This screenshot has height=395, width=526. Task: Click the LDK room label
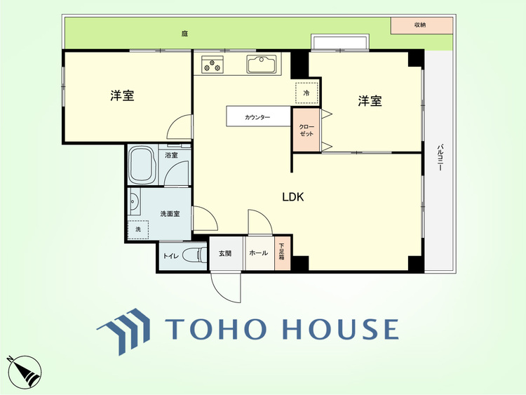[x=293, y=197]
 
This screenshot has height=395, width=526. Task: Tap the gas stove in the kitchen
[x=213, y=64]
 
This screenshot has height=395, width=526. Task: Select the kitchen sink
[x=262, y=64]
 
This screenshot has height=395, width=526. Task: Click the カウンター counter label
[x=257, y=117]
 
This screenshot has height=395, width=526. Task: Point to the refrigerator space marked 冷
[x=306, y=93]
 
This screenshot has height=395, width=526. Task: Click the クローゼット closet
[x=306, y=130]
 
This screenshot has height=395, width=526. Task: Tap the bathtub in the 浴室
[x=142, y=165]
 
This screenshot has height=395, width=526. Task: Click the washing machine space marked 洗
[x=138, y=229]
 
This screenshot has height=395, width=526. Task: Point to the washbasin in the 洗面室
[x=134, y=201]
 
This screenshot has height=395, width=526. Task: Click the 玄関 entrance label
[x=225, y=254]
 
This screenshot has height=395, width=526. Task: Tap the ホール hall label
[x=258, y=253]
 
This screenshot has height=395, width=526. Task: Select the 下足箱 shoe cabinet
[x=282, y=253]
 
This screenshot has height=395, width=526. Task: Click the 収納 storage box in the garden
[x=422, y=25]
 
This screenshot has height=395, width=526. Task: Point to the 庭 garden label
[x=184, y=34]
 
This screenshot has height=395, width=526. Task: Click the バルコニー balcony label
[x=440, y=157]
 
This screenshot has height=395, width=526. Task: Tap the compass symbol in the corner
[x=25, y=372]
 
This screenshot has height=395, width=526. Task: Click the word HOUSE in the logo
[x=341, y=329]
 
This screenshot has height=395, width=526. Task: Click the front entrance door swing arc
[x=222, y=293]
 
